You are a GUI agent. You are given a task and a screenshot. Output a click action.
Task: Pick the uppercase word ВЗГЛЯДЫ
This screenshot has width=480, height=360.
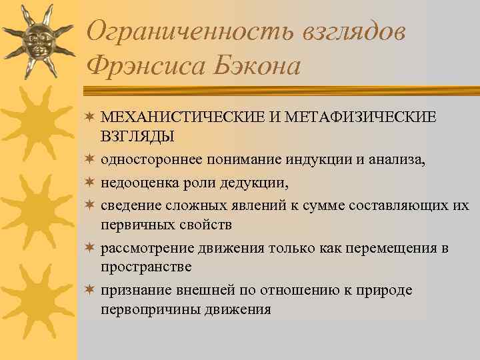[137, 136]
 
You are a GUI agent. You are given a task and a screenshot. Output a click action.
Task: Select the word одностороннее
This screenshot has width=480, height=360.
[147, 159]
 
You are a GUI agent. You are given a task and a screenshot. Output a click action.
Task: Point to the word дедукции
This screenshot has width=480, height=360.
[259, 181]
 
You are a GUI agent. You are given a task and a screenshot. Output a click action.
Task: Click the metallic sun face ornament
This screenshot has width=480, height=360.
[37, 39]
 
